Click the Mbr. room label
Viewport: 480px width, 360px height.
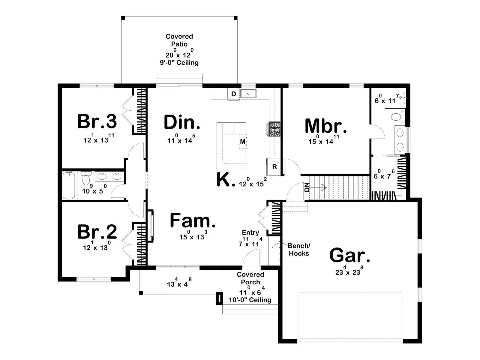coord(325,126)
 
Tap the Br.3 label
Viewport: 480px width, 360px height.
coord(97,121)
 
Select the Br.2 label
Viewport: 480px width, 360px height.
coord(97,232)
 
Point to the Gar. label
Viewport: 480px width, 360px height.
coord(349,255)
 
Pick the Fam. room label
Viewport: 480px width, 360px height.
coord(193,221)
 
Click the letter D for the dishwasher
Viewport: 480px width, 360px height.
coord(233,94)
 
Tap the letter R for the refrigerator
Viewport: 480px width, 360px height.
coord(274,167)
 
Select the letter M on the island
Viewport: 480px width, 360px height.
coord(243,142)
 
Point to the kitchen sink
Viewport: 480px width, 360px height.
coord(248,94)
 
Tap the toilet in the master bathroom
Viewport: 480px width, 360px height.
coord(397,117)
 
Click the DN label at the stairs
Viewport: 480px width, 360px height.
coord(307,187)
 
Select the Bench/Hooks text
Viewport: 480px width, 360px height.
coord(299,250)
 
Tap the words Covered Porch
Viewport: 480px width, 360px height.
coord(250,278)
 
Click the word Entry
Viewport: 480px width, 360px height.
coord(250,232)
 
